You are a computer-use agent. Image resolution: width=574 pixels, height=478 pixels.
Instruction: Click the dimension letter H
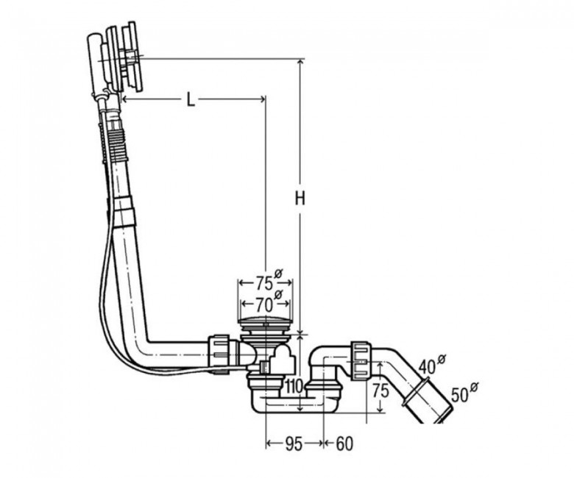point(300,199)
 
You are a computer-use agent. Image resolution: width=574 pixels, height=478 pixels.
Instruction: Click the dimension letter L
point(191,99)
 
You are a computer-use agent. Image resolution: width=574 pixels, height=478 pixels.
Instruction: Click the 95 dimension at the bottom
point(294,443)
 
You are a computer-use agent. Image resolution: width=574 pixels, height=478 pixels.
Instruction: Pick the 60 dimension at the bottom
point(344,443)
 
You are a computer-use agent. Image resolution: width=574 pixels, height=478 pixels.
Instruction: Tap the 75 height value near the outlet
point(380,391)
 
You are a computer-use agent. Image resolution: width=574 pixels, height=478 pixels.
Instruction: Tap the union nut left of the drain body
point(219,353)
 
